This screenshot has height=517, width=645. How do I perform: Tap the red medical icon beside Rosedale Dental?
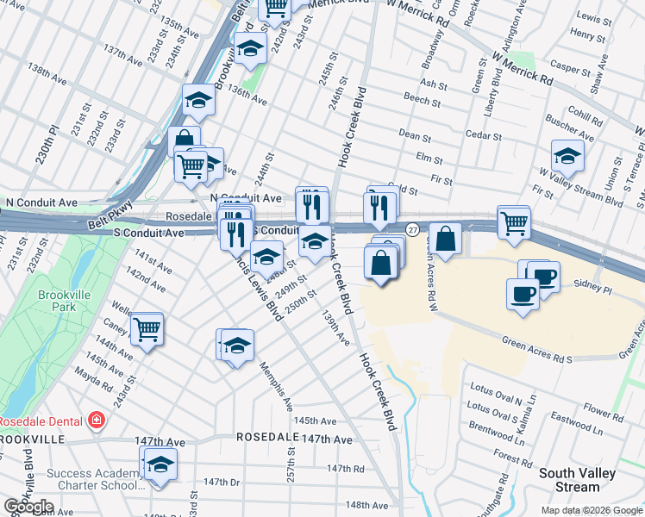pos(97,420)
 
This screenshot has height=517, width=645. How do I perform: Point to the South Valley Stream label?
pos(577,481)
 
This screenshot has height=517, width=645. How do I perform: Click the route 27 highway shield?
pos(414,229)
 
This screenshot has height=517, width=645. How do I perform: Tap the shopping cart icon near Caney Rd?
pos(147,328)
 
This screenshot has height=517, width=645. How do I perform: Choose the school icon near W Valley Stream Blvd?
pos(567,155)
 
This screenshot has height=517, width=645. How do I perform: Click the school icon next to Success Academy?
pos(160,465)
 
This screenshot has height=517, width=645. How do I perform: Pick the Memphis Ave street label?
pos(277,386)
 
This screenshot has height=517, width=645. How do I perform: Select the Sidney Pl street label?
pos(591,283)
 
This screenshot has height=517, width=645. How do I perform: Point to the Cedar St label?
pos(484,136)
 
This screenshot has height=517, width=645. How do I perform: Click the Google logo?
pos(28,507)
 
